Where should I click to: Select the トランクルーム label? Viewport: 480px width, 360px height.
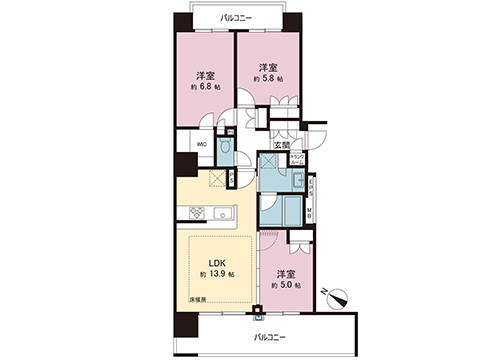(297, 158)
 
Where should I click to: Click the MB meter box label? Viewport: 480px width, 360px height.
(310, 212)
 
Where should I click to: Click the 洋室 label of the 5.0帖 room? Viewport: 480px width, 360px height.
(286, 273)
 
